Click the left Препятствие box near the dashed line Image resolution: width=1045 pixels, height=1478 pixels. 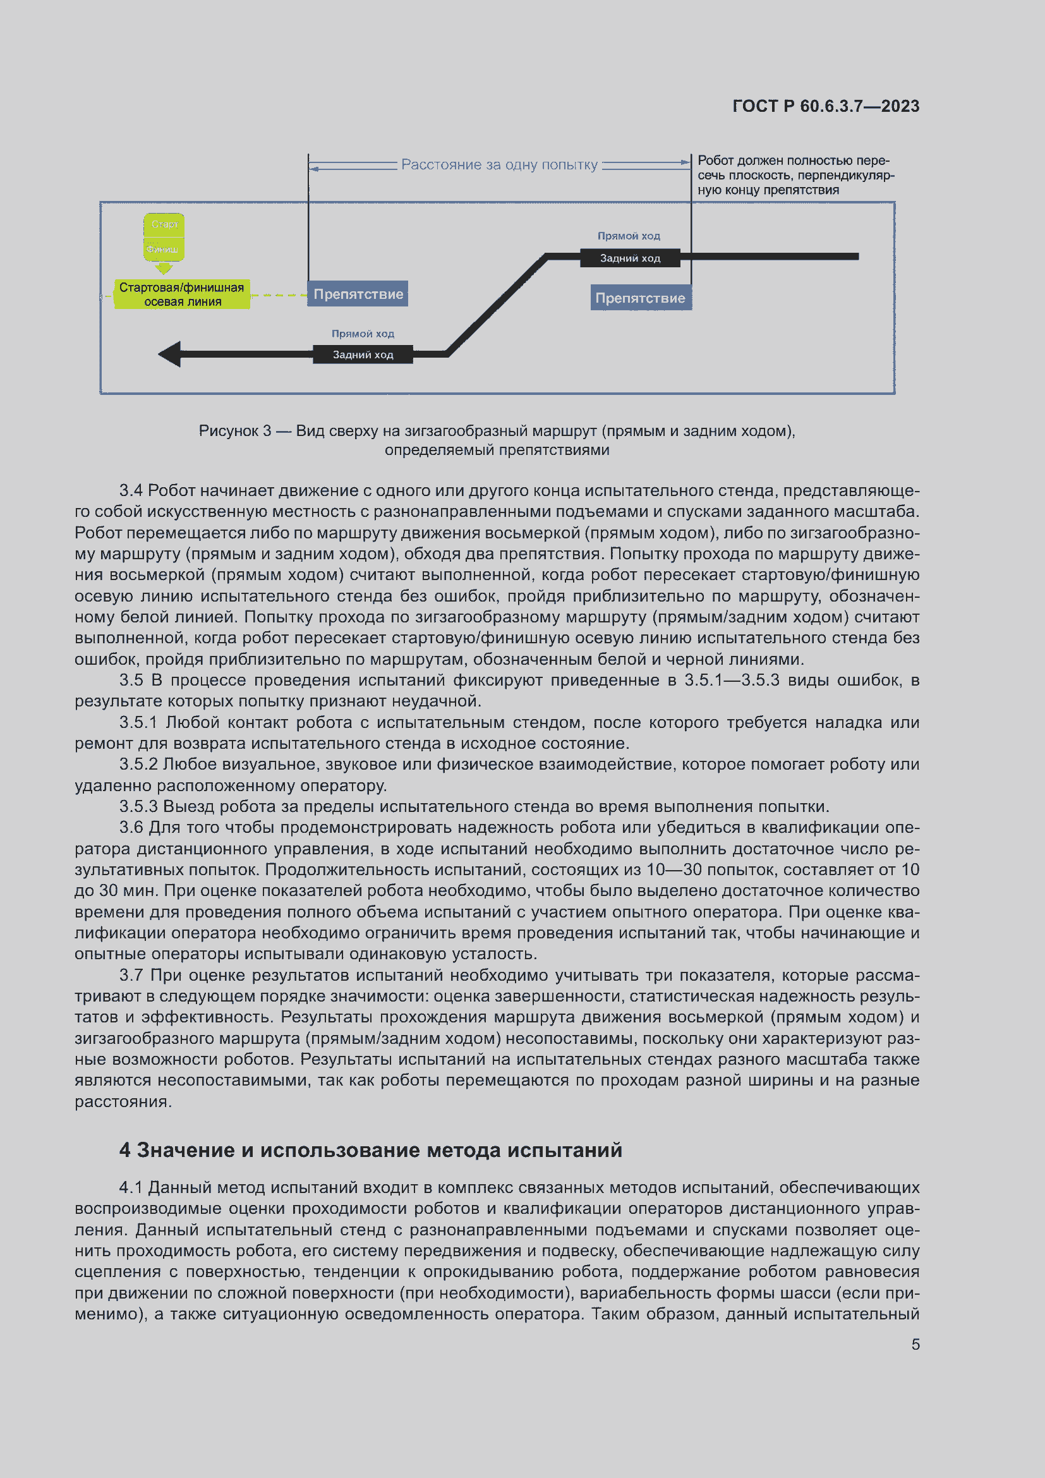[358, 294]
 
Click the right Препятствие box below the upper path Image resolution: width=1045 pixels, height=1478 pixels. [640, 298]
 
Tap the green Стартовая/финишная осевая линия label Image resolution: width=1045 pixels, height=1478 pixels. [182, 294]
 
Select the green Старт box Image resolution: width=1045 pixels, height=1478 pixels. [164, 224]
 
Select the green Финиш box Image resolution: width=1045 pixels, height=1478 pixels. [164, 248]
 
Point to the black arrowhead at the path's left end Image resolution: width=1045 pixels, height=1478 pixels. [170, 354]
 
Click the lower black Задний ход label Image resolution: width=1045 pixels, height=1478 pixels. [362, 354]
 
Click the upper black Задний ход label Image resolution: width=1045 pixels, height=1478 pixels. [630, 258]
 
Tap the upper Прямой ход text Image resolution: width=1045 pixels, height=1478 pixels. [629, 236]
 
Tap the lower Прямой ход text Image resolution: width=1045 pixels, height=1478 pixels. [362, 334]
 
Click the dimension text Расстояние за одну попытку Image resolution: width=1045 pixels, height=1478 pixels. [499, 165]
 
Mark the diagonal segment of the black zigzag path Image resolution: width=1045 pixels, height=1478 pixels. [496, 305]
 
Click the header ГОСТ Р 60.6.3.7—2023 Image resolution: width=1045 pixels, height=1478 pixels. [826, 106]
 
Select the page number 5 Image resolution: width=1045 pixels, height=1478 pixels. [915, 1344]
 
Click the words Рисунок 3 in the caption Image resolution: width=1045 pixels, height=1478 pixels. [234, 431]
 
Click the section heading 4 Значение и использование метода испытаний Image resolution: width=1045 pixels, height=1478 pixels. [371, 1149]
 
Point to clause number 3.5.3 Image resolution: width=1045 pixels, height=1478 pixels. [138, 806]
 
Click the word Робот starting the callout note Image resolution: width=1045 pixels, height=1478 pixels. [716, 161]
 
